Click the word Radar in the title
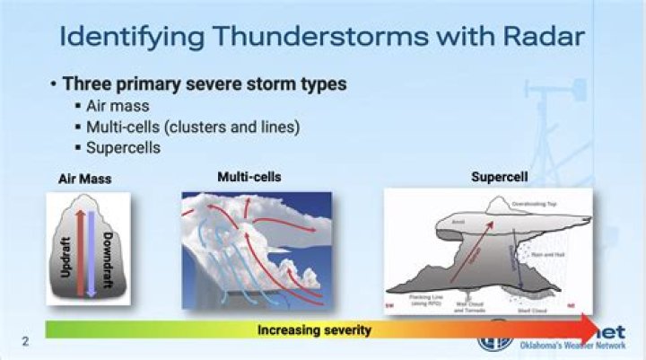point(536,37)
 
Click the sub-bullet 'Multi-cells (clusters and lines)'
point(192,127)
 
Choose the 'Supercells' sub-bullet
point(123,147)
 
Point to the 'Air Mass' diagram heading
point(85,180)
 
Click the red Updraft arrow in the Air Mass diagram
point(82,252)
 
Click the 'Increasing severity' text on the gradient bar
point(314,330)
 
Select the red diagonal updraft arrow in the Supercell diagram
point(465,248)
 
